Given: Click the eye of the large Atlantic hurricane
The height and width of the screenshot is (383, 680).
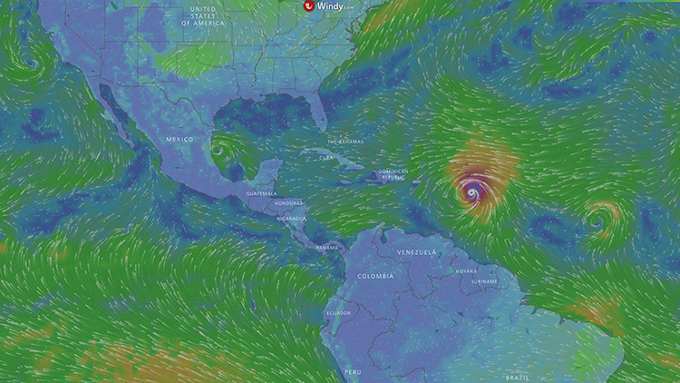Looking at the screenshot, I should [471, 191].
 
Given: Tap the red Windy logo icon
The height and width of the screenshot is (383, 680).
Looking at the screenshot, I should [308, 5].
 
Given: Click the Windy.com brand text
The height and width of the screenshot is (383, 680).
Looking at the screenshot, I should [336, 5].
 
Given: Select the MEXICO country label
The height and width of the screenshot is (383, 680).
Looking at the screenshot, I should [180, 139].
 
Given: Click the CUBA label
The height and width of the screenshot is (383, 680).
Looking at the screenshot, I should [327, 158].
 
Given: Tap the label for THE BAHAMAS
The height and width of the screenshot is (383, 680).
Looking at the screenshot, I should [345, 142].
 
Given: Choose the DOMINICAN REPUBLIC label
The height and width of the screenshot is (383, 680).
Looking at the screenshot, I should [393, 173].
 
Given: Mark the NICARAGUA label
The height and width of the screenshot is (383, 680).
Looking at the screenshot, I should [292, 219].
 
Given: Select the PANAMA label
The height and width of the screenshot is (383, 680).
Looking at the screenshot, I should [327, 247].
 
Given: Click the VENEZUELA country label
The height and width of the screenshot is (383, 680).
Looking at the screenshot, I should [417, 251].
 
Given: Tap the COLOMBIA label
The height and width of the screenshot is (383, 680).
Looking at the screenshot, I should [375, 275].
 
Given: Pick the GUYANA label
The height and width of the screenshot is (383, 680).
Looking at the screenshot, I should [466, 270].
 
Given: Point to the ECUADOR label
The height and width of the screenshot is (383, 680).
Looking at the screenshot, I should [339, 313].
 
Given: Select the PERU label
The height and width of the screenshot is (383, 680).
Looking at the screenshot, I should [353, 372].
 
